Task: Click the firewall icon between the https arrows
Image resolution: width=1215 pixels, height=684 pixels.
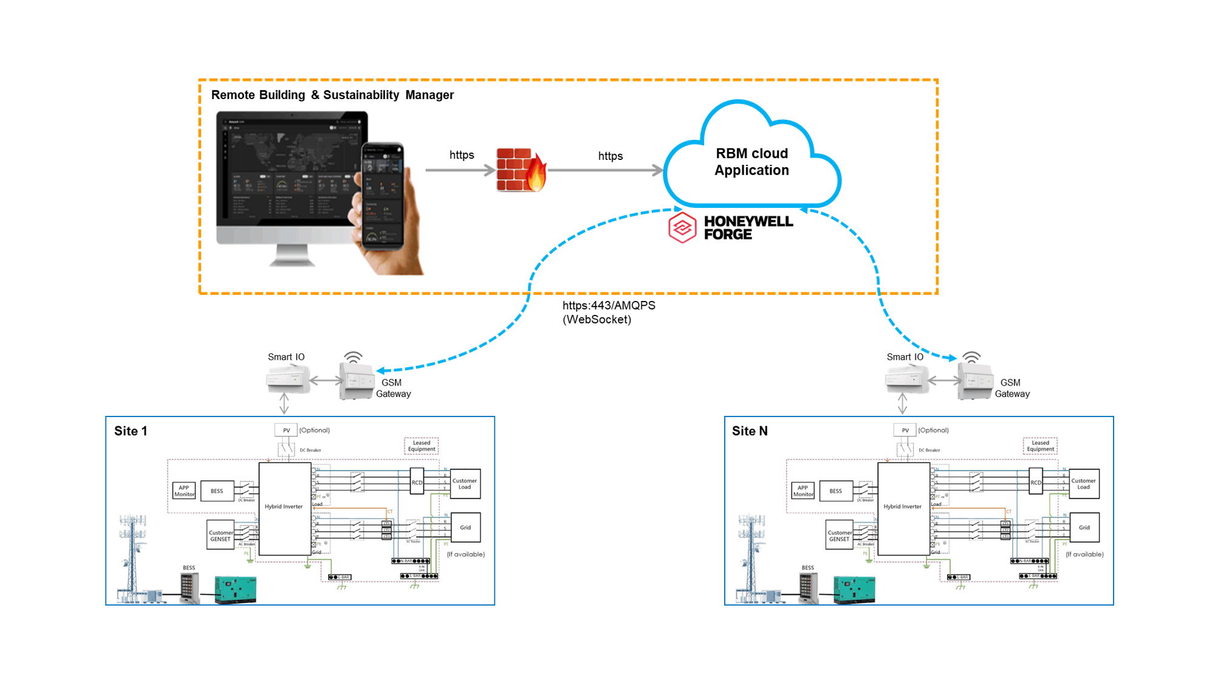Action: (521, 170)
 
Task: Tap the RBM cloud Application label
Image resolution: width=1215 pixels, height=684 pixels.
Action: (751, 162)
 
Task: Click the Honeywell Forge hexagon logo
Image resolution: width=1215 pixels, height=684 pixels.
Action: (682, 227)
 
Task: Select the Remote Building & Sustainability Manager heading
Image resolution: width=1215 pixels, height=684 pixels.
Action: (332, 95)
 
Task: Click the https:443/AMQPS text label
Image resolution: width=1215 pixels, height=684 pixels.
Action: (609, 306)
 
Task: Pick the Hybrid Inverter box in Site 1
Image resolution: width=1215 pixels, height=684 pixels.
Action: (284, 507)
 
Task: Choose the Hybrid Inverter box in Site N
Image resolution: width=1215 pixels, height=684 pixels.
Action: (903, 507)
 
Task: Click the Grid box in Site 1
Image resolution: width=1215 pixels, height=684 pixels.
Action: (465, 528)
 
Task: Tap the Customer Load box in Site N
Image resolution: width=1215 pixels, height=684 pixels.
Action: (1084, 484)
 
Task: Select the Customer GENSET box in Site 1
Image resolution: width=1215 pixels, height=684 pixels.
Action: (221, 535)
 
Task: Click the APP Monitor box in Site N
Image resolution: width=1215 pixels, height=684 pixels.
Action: (803, 491)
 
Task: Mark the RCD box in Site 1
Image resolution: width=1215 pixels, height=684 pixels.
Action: (417, 482)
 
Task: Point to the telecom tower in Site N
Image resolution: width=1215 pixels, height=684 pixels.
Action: (751, 556)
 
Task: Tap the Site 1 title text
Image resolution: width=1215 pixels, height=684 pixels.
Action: (131, 431)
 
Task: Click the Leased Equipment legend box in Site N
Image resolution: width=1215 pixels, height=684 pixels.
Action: (1040, 446)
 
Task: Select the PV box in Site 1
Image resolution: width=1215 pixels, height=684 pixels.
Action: (286, 430)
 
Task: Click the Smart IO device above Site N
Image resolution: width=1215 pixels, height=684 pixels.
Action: (906, 381)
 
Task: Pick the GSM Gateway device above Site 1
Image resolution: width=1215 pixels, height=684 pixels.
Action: (356, 381)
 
